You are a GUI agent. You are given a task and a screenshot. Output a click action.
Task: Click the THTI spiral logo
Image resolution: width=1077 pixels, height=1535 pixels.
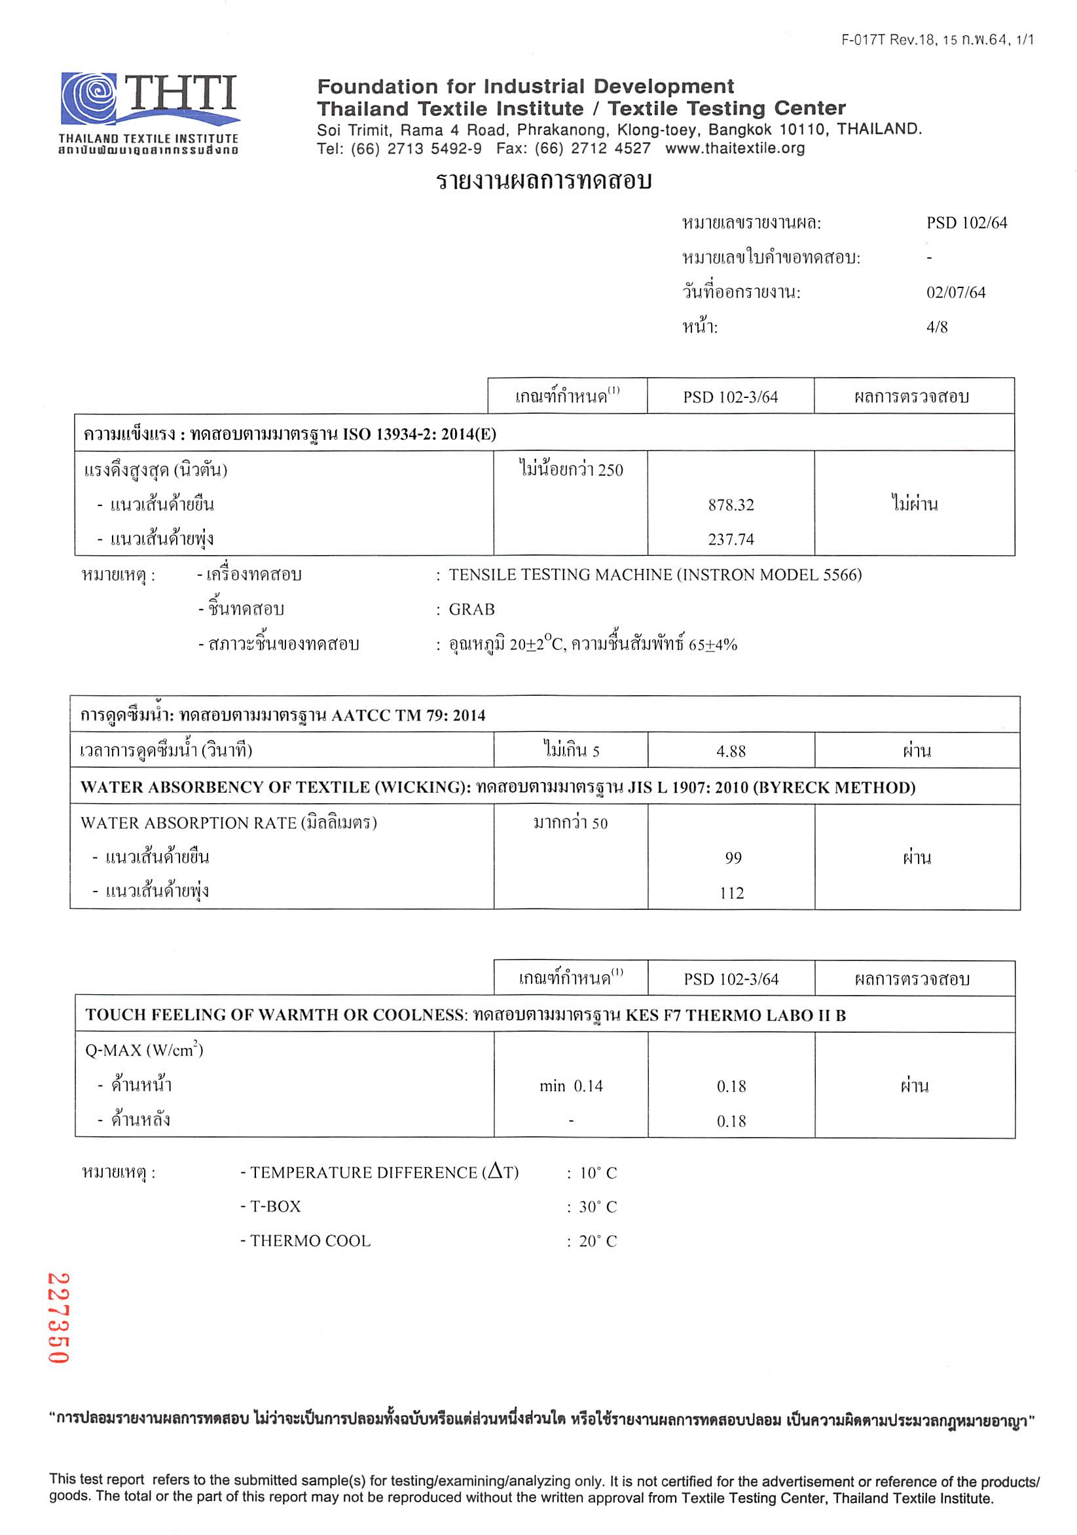pos(90,98)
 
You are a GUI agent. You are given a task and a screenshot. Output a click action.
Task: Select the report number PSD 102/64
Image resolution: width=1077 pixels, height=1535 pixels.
pos(966,223)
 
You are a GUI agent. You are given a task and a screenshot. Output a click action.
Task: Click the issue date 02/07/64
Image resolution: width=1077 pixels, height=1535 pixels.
pos(955,293)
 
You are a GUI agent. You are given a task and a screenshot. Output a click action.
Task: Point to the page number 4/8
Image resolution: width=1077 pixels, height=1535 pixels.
pos(937,327)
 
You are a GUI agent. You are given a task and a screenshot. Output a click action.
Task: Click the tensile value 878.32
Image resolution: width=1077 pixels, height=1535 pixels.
pos(731,505)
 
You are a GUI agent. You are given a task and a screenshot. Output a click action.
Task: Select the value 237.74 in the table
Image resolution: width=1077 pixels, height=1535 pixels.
pos(731,539)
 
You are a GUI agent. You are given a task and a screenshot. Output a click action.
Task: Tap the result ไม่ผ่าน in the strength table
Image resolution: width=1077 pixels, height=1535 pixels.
pos(914,504)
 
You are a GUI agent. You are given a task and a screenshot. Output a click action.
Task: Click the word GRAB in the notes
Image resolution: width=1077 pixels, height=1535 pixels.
pos(472,609)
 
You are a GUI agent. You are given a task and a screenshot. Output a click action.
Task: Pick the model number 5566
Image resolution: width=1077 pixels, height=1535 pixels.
pos(837,575)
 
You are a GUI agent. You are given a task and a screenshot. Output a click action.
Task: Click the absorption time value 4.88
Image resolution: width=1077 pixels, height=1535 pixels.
pos(731,751)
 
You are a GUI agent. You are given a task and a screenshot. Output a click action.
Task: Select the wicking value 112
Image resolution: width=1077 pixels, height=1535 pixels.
pos(732,894)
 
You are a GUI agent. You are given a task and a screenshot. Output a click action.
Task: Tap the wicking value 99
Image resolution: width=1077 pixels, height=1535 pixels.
pos(733,858)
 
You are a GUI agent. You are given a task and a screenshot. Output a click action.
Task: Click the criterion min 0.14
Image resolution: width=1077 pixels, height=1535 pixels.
pos(571,1087)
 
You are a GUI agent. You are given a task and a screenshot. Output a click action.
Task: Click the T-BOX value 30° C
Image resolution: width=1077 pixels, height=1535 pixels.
pos(598,1207)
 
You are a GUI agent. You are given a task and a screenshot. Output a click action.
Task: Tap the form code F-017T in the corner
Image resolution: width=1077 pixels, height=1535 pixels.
pos(862,40)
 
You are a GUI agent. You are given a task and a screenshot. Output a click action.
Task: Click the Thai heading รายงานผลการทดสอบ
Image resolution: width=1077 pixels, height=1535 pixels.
pos(543,182)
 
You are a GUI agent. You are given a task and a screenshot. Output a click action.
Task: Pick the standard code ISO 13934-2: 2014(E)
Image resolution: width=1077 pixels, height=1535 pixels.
pos(419,435)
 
